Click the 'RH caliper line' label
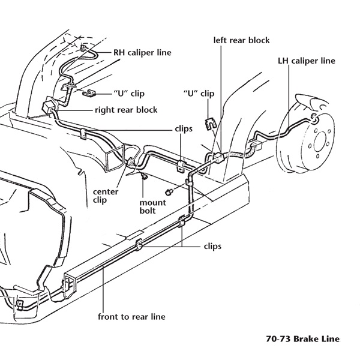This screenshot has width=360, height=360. click(142, 53)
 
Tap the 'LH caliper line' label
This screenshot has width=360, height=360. click(307, 61)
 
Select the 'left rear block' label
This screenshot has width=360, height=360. click(241, 41)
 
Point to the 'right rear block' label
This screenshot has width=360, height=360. click(126, 110)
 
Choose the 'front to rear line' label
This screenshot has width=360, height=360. click(132, 316)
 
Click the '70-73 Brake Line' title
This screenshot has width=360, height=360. click(302, 339)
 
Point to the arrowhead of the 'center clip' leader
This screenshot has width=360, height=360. click(127, 167)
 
